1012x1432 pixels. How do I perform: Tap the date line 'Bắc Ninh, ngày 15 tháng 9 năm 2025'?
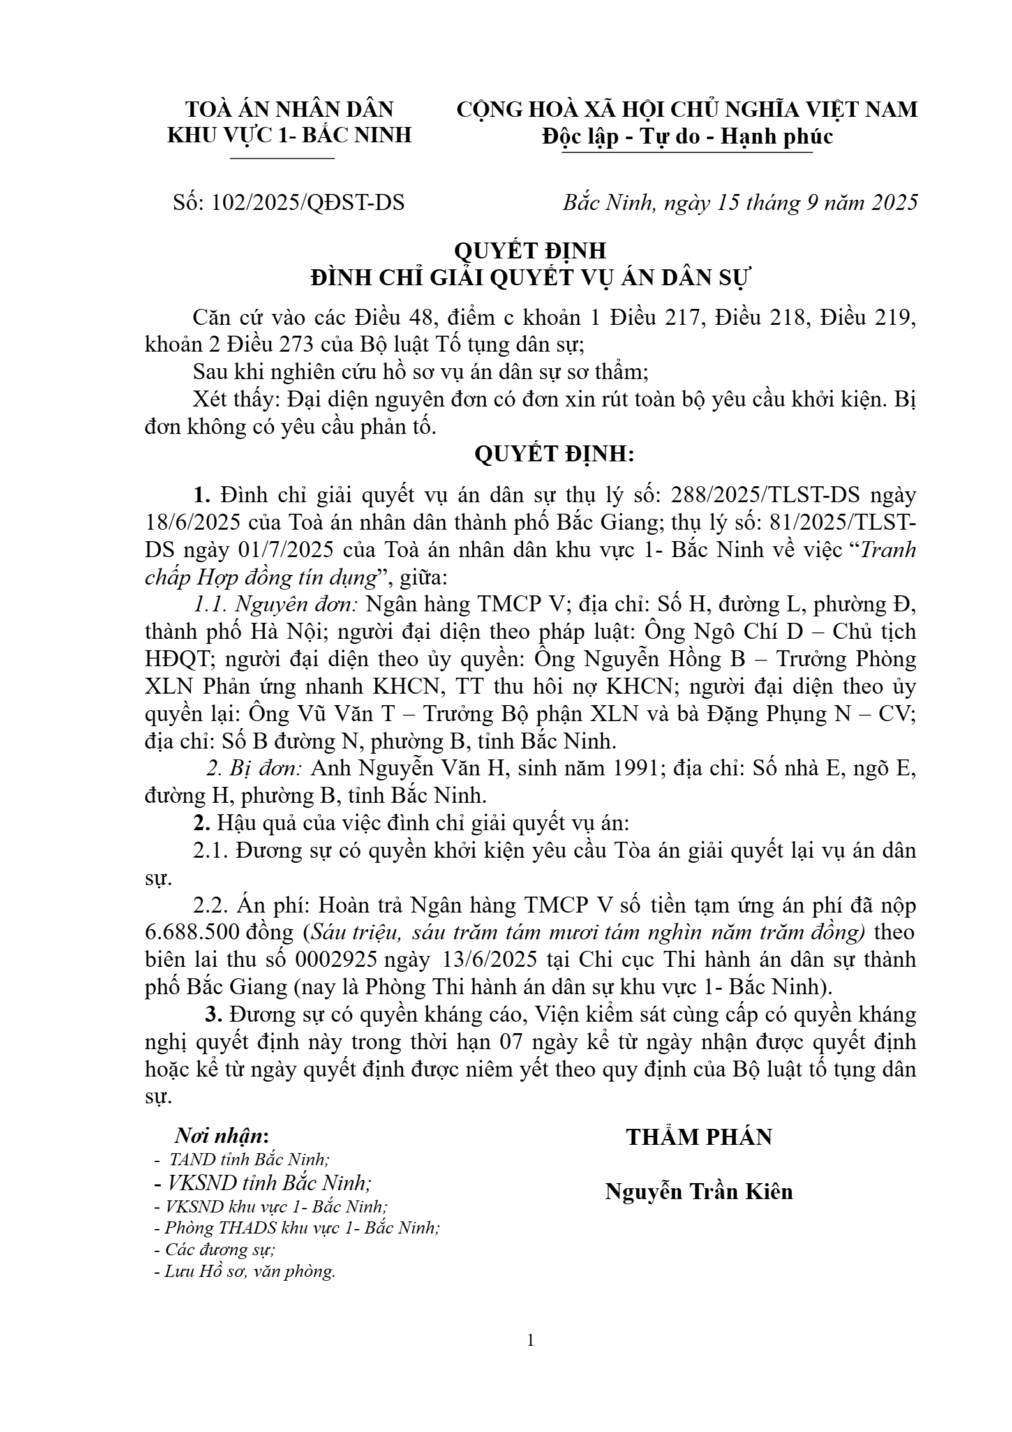[740, 203]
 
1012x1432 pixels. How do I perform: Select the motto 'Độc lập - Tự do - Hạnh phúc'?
[687, 137]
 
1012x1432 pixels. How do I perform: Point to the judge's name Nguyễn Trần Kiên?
[699, 1191]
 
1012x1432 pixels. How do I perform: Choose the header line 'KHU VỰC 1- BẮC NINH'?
[289, 135]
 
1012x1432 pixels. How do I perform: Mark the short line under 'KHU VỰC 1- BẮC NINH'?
[282, 158]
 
